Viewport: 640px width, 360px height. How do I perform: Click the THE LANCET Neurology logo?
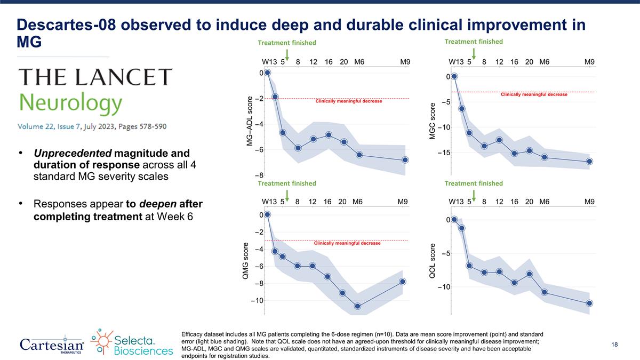point(96,93)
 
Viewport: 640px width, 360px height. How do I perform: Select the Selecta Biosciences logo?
point(132,342)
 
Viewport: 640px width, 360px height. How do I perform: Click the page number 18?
point(614,345)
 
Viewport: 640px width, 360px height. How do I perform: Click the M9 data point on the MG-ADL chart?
point(405,160)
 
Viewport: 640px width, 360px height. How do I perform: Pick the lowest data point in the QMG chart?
point(357,306)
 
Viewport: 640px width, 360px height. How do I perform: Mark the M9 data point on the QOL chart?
point(589,303)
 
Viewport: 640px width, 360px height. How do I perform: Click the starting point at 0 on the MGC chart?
point(454,76)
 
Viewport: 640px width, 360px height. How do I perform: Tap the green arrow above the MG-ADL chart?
point(287,53)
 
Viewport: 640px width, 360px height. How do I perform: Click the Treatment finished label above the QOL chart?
point(474,183)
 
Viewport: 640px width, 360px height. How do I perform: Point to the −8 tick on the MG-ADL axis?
point(257,175)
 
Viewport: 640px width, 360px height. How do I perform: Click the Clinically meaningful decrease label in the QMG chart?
point(347,243)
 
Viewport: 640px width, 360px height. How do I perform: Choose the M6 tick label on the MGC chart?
point(545,62)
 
